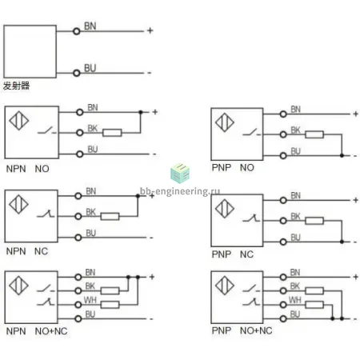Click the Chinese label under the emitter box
pyautogui.click(x=16, y=86)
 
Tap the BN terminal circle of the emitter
pyautogui.click(x=77, y=31)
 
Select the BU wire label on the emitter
pyautogui.click(x=90, y=68)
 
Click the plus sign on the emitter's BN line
pyautogui.click(x=150, y=30)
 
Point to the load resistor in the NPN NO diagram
pyautogui.click(x=112, y=133)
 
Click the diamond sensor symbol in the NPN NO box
pyautogui.click(x=19, y=121)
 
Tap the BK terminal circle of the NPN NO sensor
pyautogui.click(x=80, y=133)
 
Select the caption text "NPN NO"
pyautogui.click(x=28, y=169)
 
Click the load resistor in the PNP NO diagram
pyautogui.click(x=314, y=134)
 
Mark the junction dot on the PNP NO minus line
pyautogui.click(x=342, y=155)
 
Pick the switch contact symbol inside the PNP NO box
pyautogui.click(x=252, y=133)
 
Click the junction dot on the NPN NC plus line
pyautogui.click(x=138, y=196)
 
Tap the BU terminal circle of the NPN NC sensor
pyautogui.click(x=78, y=238)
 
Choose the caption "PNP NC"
pyautogui.click(x=233, y=254)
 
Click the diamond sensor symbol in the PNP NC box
pyautogui.click(x=225, y=209)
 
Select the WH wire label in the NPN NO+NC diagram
pyautogui.click(x=90, y=300)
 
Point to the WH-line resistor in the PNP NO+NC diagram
pyautogui.click(x=314, y=305)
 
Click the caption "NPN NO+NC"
pyautogui.click(x=37, y=331)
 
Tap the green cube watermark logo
pyautogui.click(x=180, y=174)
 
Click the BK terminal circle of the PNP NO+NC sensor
pyautogui.click(x=283, y=290)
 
